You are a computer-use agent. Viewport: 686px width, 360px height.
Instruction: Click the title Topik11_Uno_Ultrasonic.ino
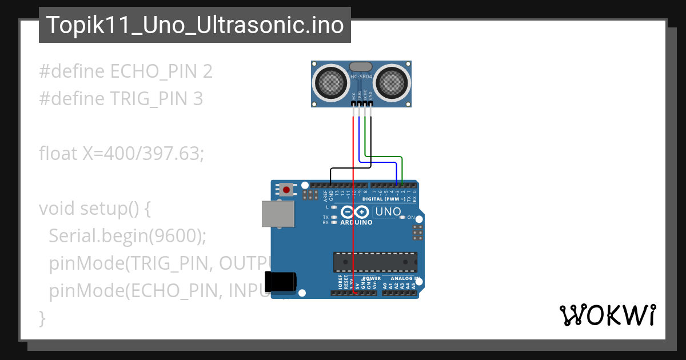tap(194, 26)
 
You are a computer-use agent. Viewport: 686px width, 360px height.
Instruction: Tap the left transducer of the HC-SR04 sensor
tap(330, 83)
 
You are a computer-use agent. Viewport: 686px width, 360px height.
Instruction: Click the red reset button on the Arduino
tap(286, 189)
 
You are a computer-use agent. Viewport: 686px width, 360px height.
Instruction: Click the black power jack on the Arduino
tap(281, 282)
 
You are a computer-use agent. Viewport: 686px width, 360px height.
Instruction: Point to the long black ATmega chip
tap(375, 261)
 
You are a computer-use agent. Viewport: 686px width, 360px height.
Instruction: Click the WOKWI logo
tap(607, 315)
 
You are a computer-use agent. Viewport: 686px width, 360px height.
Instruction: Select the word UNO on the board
tap(388, 212)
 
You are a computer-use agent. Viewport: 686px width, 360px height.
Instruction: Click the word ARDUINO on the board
tap(356, 223)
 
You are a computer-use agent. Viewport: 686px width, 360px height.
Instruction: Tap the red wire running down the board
tap(353, 240)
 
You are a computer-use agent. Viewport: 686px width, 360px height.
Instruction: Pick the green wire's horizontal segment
tap(384, 156)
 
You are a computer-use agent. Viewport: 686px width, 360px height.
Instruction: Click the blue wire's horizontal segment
tap(377, 161)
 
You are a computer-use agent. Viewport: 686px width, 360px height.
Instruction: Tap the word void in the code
tap(57, 208)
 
